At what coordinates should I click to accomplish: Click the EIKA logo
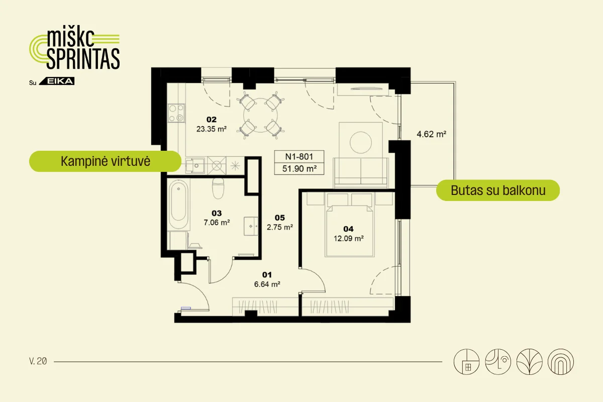point(57,81)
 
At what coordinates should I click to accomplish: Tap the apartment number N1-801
point(299,156)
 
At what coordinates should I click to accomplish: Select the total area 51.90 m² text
point(299,168)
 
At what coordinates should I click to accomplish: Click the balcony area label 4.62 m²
point(431,134)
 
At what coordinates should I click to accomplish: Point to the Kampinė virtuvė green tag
point(105,161)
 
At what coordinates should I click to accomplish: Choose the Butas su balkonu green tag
point(498,190)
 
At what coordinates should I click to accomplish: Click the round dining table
point(260,115)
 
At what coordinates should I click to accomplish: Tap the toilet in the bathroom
point(218,188)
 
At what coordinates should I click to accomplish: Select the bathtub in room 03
point(178,205)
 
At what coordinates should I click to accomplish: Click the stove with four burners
point(176,113)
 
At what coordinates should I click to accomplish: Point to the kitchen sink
point(194,165)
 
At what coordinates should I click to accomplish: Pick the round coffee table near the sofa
point(361,142)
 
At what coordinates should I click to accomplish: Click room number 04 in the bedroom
point(348,229)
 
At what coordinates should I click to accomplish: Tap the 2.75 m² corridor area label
point(280,227)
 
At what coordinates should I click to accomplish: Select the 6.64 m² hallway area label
point(267,284)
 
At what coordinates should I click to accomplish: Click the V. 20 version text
point(38,361)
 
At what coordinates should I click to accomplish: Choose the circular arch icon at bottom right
point(561,362)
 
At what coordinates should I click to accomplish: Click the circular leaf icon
point(529,362)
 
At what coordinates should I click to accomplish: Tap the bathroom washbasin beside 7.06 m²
point(251,226)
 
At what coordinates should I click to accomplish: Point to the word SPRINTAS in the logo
point(83,59)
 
